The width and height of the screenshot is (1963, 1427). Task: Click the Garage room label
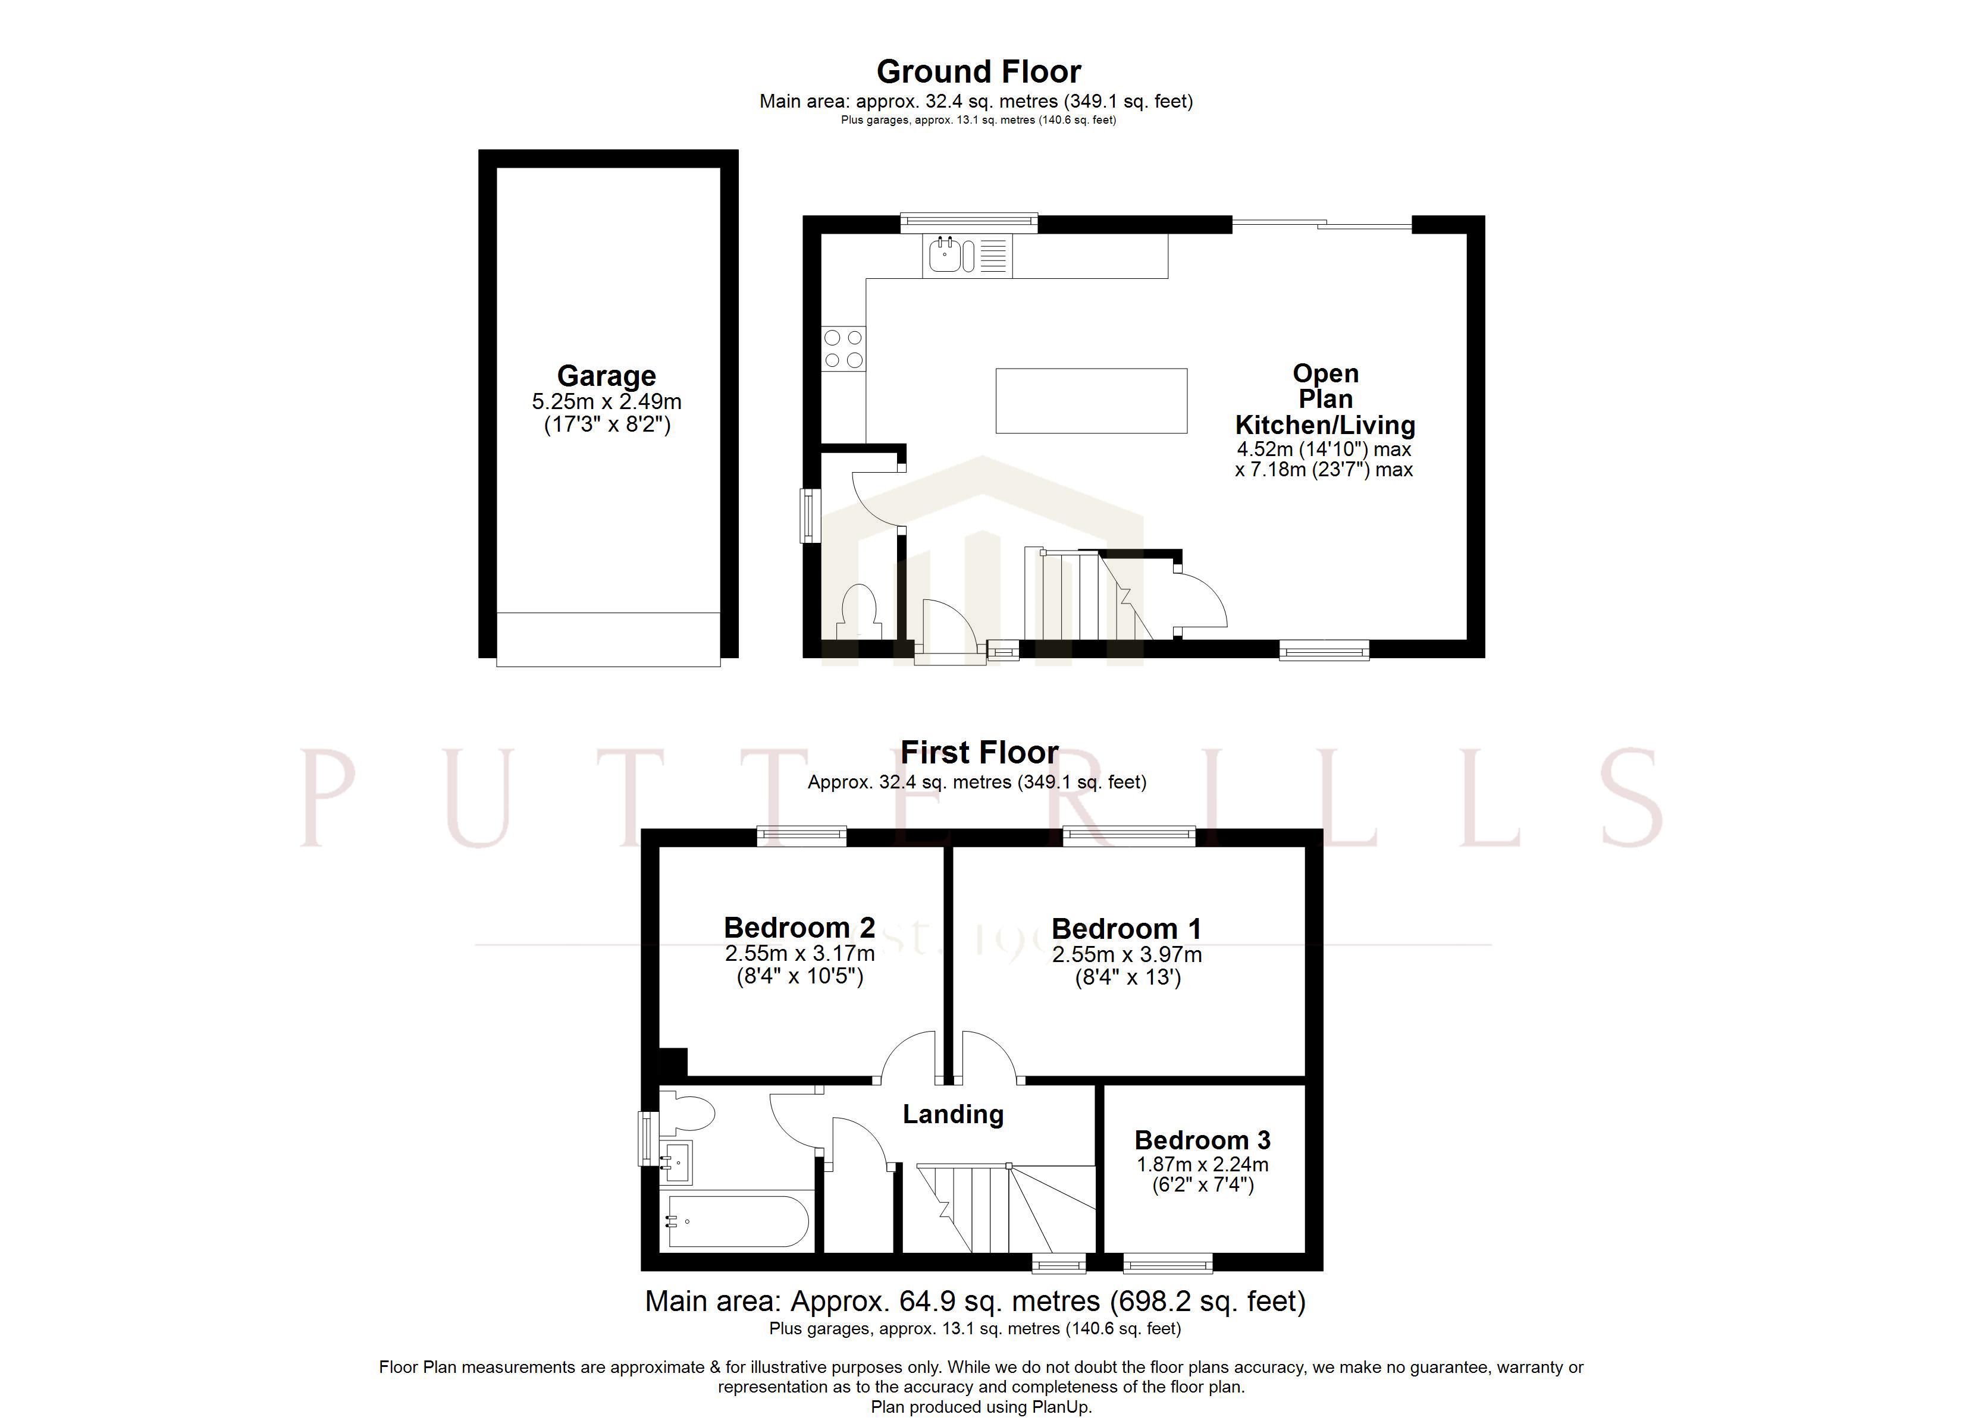coord(606,376)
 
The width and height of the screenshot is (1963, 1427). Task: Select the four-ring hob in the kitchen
coord(843,348)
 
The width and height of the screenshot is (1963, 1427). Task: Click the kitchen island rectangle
coord(1090,401)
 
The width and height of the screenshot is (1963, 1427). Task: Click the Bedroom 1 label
coord(1126,929)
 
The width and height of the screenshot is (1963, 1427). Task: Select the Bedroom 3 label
coord(1202,1140)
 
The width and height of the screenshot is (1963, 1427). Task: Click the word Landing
coord(953,1114)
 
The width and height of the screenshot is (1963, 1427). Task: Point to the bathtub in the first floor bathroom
coord(738,1221)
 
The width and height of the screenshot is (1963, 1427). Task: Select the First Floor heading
coord(979,752)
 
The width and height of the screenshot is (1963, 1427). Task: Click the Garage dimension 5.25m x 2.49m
coord(606,401)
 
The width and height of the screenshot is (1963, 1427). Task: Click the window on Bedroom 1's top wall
coord(1128,836)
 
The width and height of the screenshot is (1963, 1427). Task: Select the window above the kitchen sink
coord(968,224)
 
